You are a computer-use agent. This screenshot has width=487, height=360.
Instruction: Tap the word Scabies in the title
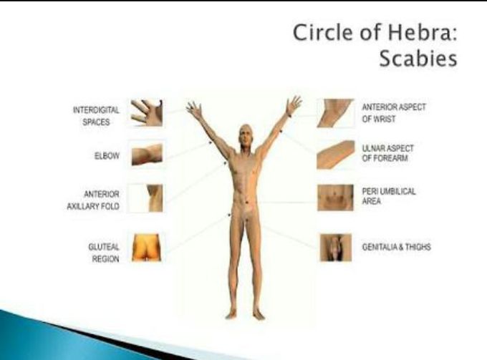pyautogui.click(x=418, y=59)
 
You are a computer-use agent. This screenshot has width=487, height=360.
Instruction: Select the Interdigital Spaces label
pyautogui.click(x=96, y=116)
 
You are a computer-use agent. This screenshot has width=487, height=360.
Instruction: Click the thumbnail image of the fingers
pyautogui.click(x=147, y=113)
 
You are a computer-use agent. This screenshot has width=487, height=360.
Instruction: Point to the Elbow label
pyautogui.click(x=107, y=155)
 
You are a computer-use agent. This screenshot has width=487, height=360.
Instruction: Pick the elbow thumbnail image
pyautogui.click(x=147, y=155)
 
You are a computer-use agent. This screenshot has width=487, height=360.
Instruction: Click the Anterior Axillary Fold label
pyautogui.click(x=93, y=200)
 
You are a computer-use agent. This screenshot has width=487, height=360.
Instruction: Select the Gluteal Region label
pyautogui.click(x=104, y=253)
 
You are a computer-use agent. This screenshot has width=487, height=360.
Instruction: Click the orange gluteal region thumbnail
pyautogui.click(x=147, y=248)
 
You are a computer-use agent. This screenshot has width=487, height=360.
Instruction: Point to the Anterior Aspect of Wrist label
pyautogui.click(x=394, y=113)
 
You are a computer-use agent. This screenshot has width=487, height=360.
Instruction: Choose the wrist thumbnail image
pyautogui.click(x=335, y=113)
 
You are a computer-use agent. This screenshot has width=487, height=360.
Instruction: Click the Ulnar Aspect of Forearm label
pyautogui.click(x=388, y=153)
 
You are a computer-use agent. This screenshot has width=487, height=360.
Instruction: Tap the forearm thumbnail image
pyautogui.click(x=335, y=155)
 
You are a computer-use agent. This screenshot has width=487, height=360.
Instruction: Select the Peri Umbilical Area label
pyautogui.click(x=389, y=196)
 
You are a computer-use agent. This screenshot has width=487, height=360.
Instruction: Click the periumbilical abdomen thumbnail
pyautogui.click(x=335, y=198)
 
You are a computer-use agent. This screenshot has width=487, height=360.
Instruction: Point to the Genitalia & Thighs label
pyautogui.click(x=396, y=247)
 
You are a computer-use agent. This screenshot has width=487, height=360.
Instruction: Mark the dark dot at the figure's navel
pyautogui.click(x=247, y=203)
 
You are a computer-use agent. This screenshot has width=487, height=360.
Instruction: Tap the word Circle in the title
pyautogui.click(x=323, y=33)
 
